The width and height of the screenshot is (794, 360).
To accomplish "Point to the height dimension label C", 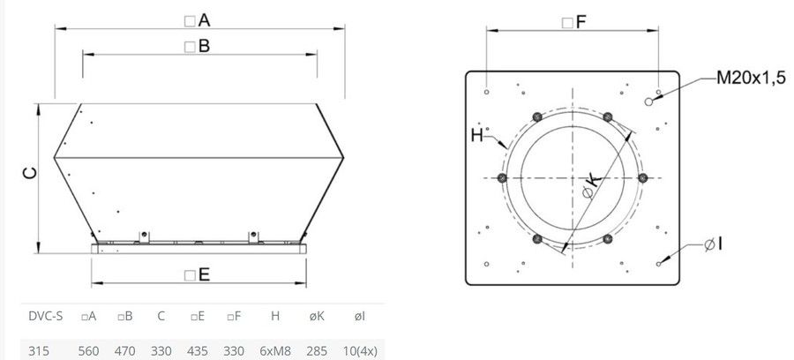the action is [x=30, y=174].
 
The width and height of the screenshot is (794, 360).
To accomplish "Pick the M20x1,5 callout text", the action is [x=751, y=78].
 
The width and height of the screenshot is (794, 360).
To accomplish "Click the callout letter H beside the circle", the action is [x=477, y=135].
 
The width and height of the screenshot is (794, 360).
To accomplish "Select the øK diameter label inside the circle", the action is [x=592, y=184].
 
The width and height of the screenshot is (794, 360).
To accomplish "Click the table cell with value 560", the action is [x=88, y=351].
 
